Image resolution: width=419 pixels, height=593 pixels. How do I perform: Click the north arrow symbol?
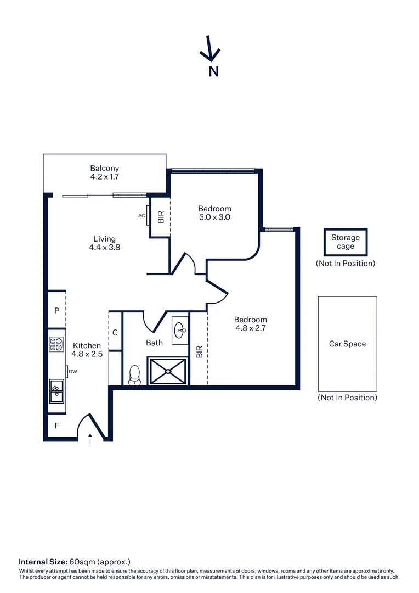(x=209, y=49)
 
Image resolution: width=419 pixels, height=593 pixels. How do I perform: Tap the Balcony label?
(x=105, y=172)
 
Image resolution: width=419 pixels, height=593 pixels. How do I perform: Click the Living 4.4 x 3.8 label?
(x=104, y=243)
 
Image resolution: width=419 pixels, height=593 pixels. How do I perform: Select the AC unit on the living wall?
(x=148, y=216)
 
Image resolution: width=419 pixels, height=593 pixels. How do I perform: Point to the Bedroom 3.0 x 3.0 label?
(x=214, y=212)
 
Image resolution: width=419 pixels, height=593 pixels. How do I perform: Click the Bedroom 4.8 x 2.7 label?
(x=251, y=324)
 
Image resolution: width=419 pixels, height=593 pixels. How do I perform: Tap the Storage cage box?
(x=346, y=242)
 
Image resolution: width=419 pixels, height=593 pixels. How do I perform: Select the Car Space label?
(x=347, y=344)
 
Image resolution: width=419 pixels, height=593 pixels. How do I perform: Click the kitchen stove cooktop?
(x=56, y=344)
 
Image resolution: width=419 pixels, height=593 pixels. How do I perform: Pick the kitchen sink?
(x=56, y=391)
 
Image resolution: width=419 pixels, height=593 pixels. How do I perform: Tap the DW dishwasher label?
(x=72, y=372)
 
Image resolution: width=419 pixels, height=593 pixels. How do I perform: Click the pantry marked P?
(x=56, y=311)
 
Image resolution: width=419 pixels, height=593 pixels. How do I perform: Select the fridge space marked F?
(x=56, y=425)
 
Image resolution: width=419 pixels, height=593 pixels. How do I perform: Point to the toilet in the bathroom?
(x=134, y=375)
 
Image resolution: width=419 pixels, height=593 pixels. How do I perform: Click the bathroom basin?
(x=180, y=329)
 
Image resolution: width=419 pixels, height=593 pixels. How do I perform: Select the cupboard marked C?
(x=115, y=332)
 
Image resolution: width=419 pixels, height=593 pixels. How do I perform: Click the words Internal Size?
(x=43, y=562)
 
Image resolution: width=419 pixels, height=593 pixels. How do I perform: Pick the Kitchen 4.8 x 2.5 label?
(x=87, y=350)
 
